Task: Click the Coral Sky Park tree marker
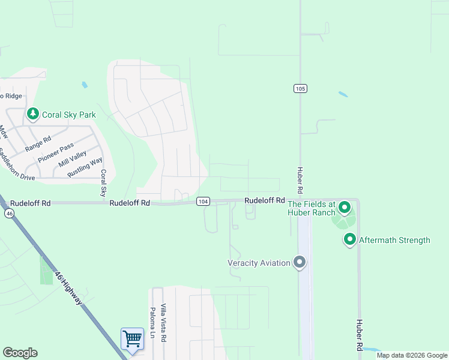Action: pos(33,113)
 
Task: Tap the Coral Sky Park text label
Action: pos(70,115)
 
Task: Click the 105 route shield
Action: pos(300,89)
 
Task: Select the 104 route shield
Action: pos(203,202)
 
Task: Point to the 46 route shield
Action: pos(9,213)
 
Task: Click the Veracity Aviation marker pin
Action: pos(300,262)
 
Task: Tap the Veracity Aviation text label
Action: pos(259,263)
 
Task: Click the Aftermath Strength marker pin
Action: pos(349,240)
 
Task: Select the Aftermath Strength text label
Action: pos(394,240)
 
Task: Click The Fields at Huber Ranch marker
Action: pos(344,208)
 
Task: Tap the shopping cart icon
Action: pos(132,339)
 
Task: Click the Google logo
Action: pos(20,353)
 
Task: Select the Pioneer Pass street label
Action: pos(56,152)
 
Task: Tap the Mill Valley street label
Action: pos(73,159)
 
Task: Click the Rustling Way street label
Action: pos(84,166)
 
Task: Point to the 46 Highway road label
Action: pos(68,287)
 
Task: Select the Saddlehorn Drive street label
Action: pos(17,165)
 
